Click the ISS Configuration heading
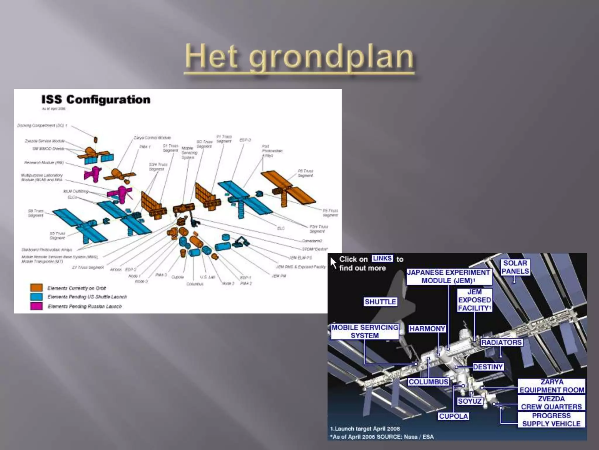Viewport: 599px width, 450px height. coord(96,100)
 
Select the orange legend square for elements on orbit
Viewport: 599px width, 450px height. coord(36,287)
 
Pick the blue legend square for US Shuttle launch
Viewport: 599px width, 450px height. coord(36,296)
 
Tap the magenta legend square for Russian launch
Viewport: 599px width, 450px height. coord(36,306)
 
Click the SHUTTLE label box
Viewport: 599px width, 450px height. coord(380,302)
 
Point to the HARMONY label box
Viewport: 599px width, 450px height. coord(427,329)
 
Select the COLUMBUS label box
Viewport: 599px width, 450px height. coord(428,382)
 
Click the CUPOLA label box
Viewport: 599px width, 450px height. coord(453,416)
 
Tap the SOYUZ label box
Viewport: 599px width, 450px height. coord(470,401)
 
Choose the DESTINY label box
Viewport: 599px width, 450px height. coord(488,367)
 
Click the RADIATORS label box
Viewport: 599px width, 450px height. coord(501,342)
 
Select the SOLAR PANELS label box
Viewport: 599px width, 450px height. coord(515,267)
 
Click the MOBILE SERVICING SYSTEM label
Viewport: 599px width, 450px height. coord(365,331)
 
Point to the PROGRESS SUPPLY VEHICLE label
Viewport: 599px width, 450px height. coord(551,420)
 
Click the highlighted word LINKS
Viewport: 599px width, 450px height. coord(382,258)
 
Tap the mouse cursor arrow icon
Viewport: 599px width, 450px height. coord(333,262)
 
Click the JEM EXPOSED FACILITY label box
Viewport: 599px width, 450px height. coord(474,300)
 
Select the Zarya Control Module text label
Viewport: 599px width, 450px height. coord(152,138)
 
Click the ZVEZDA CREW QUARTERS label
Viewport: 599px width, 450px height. coord(551,403)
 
